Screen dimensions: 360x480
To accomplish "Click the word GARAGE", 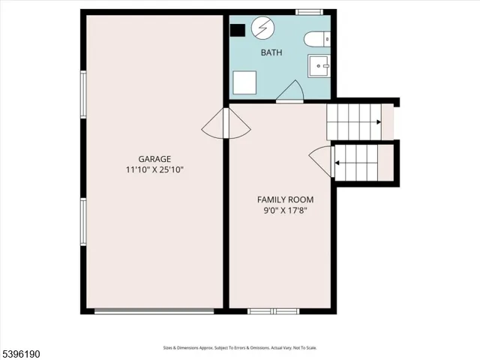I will [x=154, y=159].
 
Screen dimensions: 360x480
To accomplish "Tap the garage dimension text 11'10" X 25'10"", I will [x=154, y=170].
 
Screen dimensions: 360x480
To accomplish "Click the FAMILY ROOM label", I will [x=285, y=199].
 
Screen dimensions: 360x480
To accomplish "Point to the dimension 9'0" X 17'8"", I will [x=285, y=211].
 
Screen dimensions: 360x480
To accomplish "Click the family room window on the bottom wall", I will [x=273, y=310].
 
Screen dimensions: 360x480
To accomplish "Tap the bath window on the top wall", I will [x=307, y=12].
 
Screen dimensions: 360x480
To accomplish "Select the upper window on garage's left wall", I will [x=83, y=93].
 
